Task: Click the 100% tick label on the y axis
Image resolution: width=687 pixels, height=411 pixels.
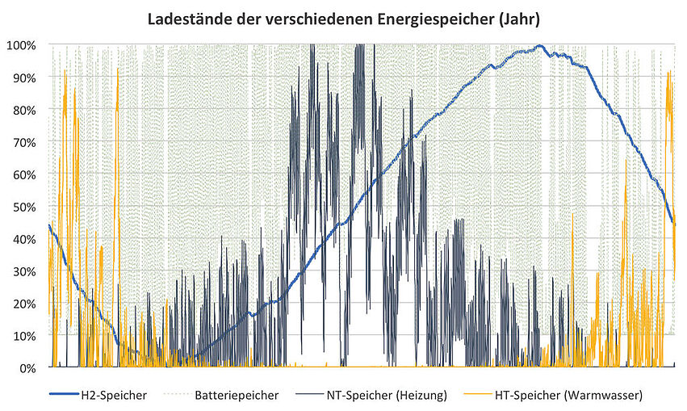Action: click(22, 45)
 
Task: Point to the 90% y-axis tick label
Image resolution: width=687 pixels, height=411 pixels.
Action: click(24, 78)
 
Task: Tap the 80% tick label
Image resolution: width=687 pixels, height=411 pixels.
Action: click(24, 110)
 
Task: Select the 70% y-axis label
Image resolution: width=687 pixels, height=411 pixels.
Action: click(24, 142)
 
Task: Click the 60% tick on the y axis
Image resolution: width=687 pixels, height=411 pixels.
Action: click(24, 174)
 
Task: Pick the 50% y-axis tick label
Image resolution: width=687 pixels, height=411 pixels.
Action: click(24, 207)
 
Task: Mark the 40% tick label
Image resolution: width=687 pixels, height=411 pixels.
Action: click(24, 239)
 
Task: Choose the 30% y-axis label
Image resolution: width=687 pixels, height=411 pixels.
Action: click(24, 271)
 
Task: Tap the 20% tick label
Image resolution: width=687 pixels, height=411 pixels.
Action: click(24, 304)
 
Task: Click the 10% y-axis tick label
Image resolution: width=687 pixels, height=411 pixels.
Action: click(24, 336)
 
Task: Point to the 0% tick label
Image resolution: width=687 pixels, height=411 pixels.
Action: click(27, 368)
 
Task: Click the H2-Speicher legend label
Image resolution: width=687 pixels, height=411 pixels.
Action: click(113, 396)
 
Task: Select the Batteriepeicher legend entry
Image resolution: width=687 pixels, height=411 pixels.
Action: click(236, 396)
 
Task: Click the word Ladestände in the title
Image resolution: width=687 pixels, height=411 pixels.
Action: click(187, 18)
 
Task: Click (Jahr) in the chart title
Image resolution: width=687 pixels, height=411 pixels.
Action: click(519, 18)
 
